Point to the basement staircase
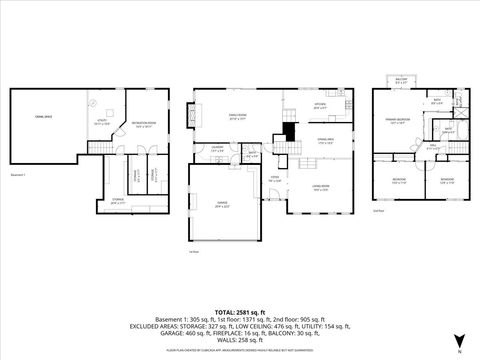click(x=98, y=148)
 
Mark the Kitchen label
click(x=320, y=105)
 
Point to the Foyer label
click(x=273, y=177)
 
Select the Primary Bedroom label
click(x=400, y=120)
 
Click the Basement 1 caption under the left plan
click(x=18, y=173)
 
